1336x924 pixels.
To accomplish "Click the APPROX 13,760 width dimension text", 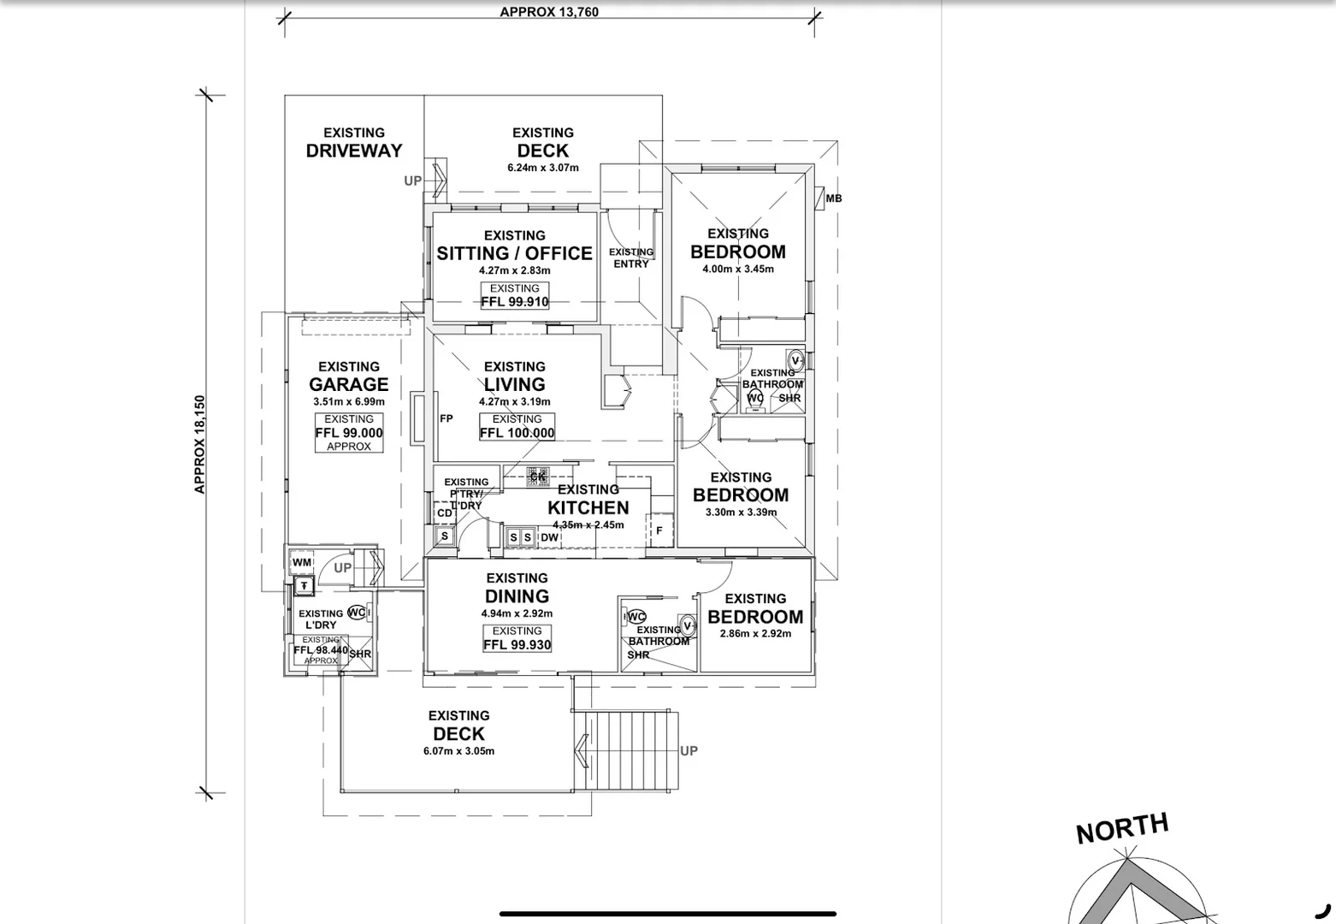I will coord(549,12).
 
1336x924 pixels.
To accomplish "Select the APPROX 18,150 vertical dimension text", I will coord(199,444).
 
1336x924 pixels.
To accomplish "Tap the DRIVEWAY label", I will coord(354,151).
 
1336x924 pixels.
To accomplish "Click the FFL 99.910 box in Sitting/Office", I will coord(515,296).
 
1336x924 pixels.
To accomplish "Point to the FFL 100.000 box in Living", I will coord(517,427).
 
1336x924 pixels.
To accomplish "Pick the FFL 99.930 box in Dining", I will coord(517,638).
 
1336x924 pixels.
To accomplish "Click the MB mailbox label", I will coord(833,198).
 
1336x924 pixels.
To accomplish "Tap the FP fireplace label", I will coord(446,418).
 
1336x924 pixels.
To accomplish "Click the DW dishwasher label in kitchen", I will coord(549,538).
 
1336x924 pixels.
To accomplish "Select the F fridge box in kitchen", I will coord(659,530).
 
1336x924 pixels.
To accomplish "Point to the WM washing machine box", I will coord(301,562).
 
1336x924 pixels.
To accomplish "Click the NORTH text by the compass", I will coord(1121,828).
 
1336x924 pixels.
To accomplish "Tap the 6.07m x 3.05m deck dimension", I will coord(458,751).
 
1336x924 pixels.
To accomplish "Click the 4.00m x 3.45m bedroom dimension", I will coord(738,269).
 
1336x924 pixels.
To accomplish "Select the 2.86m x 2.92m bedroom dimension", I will coord(755,634).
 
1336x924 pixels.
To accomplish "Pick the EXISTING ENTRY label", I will coord(631,258).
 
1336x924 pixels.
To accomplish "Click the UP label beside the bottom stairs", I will coord(689,751).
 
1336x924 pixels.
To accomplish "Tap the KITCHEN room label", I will coord(588,507).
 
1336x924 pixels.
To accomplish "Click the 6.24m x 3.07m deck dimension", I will coord(543,168).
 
